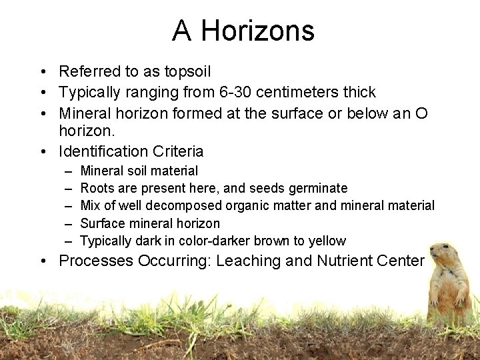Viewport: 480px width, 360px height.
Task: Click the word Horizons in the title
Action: point(257,31)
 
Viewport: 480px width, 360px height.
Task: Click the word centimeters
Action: point(306,92)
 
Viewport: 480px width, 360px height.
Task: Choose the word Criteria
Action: point(178,151)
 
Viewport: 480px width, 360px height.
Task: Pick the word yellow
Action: point(327,241)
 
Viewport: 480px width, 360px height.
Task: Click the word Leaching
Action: point(249,261)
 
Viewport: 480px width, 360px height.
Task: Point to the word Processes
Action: point(96,261)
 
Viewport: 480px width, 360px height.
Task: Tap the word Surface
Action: point(102,223)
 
